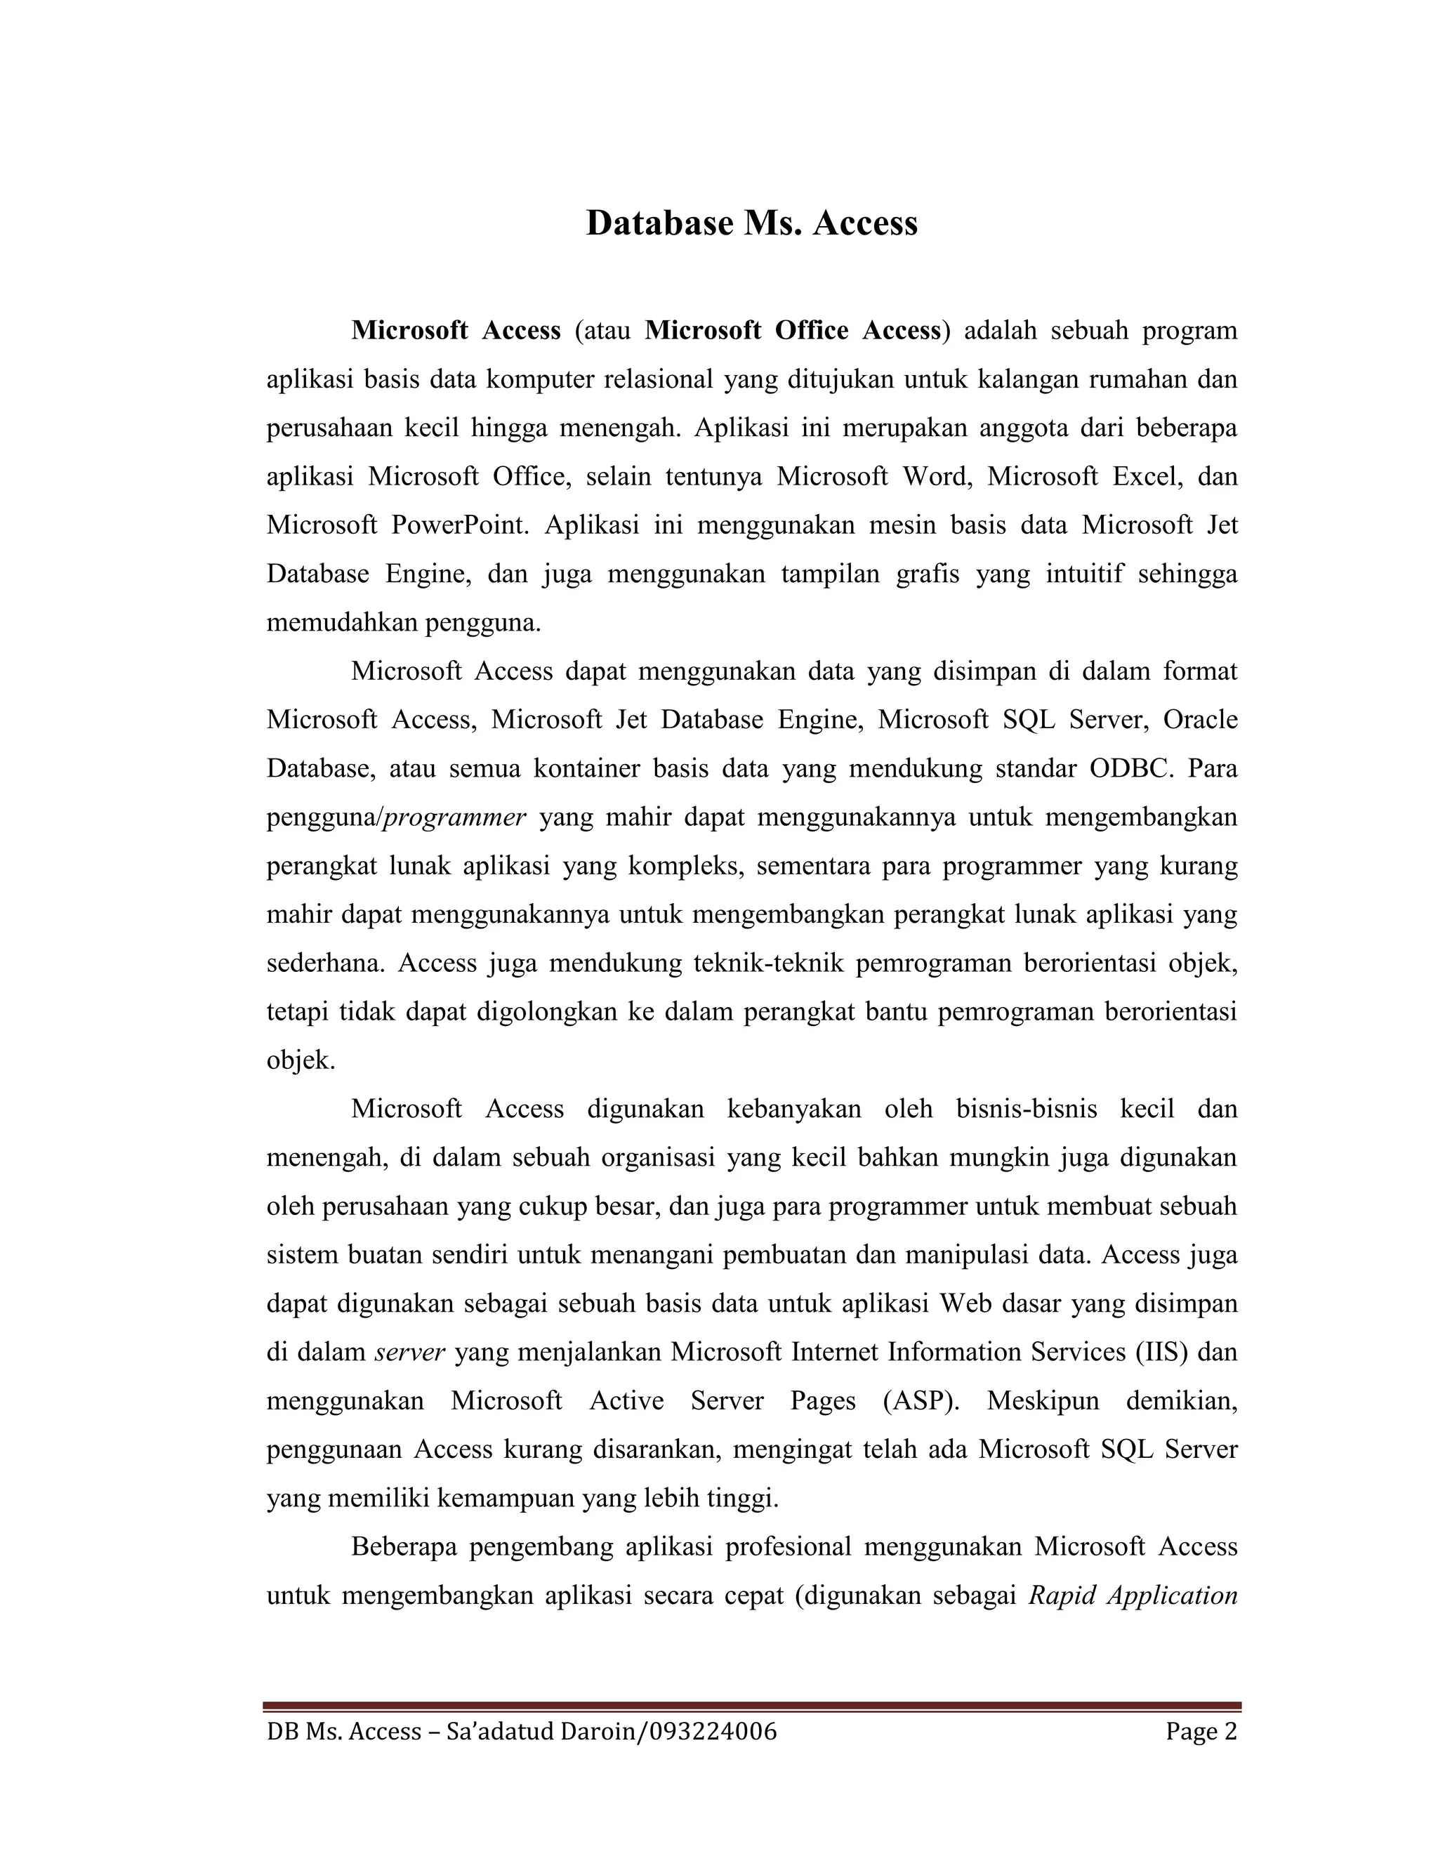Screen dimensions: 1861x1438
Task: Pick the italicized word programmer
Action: pyautogui.click(x=455, y=818)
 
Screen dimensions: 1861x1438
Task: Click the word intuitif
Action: pyautogui.click(x=1074, y=574)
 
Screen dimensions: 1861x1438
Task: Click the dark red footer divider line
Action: pyautogui.click(x=751, y=1707)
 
